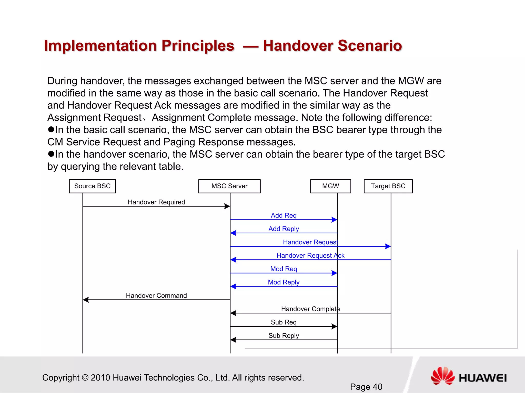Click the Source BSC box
point(92,186)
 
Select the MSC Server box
point(229,186)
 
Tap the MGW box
point(330,186)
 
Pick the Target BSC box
point(388,186)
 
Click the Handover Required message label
point(156,202)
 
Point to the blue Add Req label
point(284,215)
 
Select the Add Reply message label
point(284,229)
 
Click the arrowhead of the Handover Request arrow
point(388,246)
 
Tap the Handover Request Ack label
point(310,255)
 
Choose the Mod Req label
point(284,269)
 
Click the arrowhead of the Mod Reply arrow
point(233,286)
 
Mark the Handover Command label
point(156,296)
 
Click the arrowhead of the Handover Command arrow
point(86,300)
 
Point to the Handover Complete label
point(310,309)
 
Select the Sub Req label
point(284,322)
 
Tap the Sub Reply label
point(284,335)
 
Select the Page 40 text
point(366,387)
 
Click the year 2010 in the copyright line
point(100,378)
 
